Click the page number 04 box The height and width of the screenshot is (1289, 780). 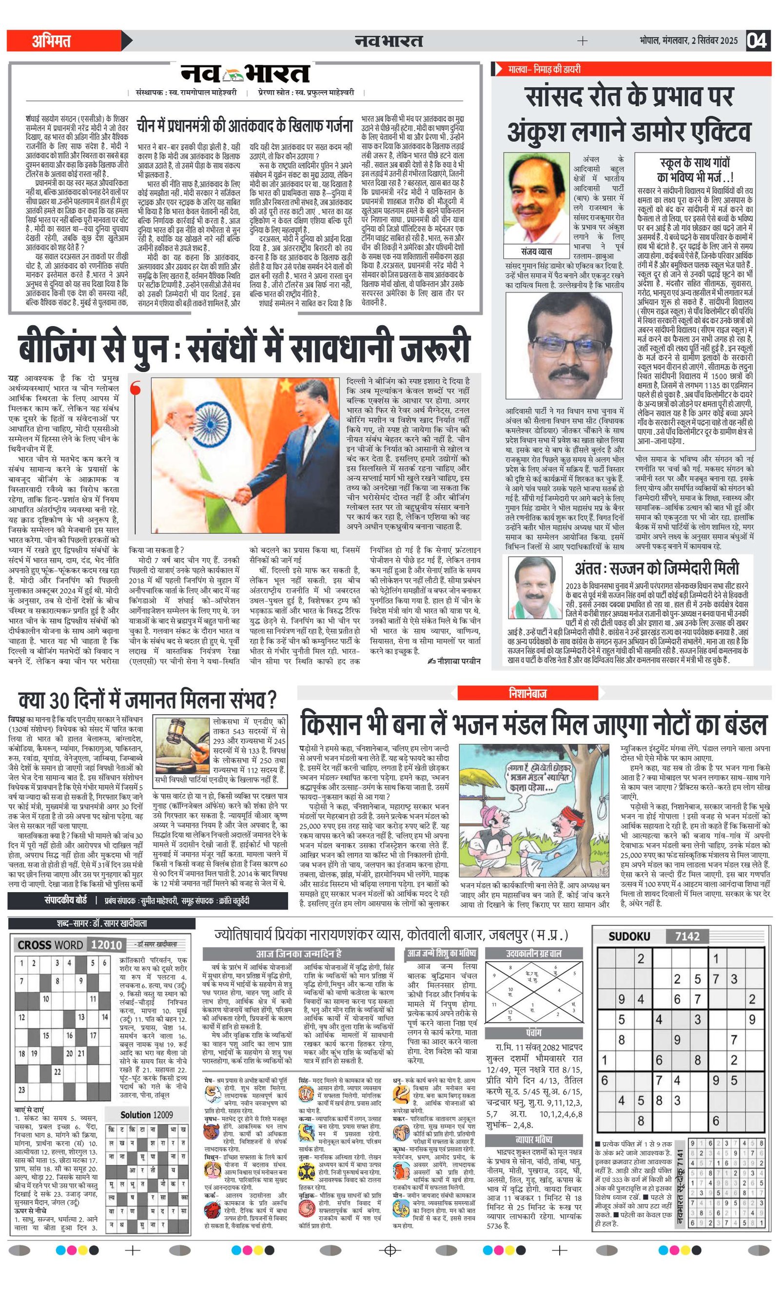[757, 40]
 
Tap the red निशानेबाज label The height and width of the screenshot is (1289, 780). [527, 693]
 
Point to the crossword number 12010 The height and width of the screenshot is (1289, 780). [106, 945]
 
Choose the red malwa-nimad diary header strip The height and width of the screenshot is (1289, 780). [631, 69]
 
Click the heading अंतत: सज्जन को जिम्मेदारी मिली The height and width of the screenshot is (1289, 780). [657, 568]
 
